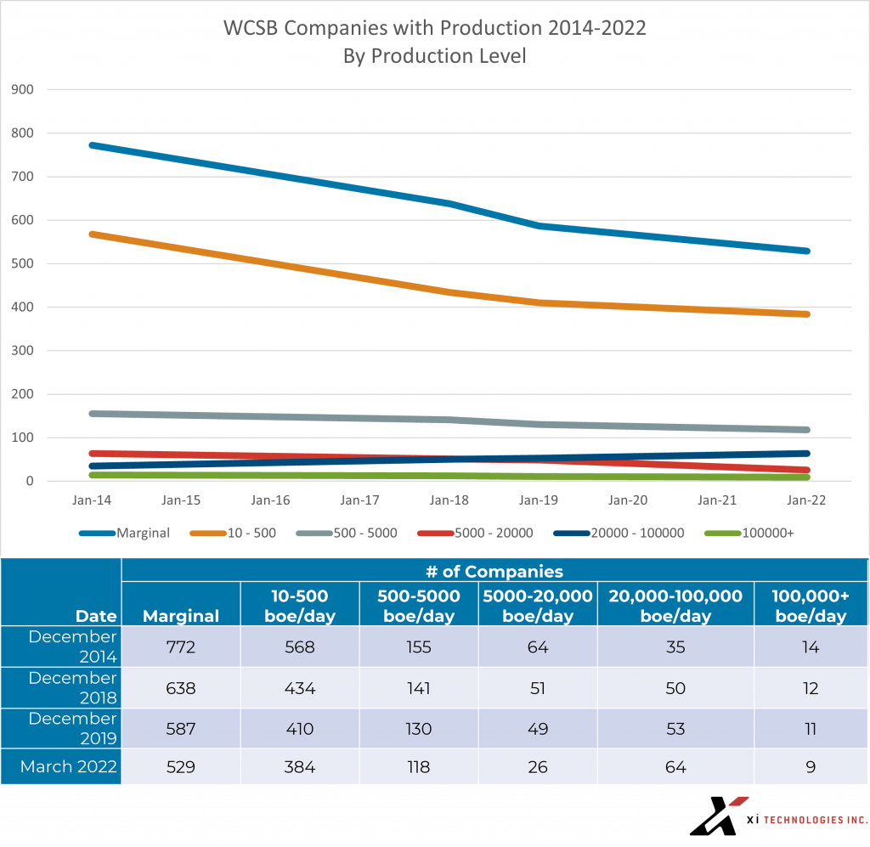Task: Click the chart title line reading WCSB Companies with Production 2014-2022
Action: (434, 28)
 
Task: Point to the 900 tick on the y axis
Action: (23, 89)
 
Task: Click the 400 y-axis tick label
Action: (23, 307)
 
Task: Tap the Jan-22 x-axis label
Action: (808, 500)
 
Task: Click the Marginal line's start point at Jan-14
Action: (91, 145)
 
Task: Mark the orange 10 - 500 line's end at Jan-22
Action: (806, 314)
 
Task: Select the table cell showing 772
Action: (180, 647)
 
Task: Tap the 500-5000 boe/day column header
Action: (419, 606)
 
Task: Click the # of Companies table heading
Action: (494, 571)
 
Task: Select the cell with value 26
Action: (537, 767)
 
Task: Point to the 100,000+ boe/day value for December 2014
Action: (811, 647)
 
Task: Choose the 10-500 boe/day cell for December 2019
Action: (299, 729)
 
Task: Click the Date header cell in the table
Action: (95, 615)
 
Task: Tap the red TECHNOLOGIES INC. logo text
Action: (815, 820)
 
